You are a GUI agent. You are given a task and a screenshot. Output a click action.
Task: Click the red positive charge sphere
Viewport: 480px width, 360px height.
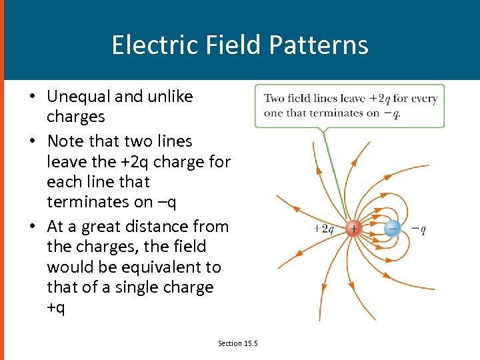[x=353, y=229]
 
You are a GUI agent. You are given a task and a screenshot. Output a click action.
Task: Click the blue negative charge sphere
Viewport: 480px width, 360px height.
[x=392, y=229]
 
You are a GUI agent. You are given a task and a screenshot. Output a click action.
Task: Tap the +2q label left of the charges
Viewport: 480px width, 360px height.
[x=323, y=229]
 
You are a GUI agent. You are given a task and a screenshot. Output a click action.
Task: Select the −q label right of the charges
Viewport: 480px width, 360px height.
[x=419, y=229]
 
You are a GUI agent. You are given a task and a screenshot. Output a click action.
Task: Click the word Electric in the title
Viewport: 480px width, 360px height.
[x=145, y=45]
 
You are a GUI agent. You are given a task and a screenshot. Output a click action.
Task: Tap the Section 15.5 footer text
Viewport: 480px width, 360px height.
[x=238, y=343]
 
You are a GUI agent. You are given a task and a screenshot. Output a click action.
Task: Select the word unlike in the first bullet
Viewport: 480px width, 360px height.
[x=171, y=97]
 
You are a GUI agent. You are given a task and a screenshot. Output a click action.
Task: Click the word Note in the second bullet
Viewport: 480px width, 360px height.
[x=65, y=141]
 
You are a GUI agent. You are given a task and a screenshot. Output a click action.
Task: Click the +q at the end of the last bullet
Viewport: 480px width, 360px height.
[x=56, y=308]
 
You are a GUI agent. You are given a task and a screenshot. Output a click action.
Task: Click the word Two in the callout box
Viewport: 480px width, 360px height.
[x=274, y=99]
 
